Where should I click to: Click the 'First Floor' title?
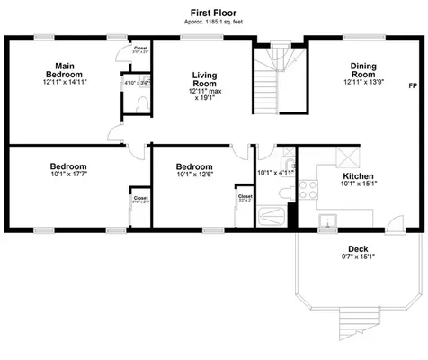[213, 13]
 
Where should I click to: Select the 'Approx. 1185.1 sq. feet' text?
[213, 25]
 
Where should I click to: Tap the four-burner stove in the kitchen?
[308, 190]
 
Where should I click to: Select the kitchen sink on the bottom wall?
[328, 220]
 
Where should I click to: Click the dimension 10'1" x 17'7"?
[67, 177]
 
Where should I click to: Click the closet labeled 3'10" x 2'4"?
[141, 50]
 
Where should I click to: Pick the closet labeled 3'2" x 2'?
[245, 198]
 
